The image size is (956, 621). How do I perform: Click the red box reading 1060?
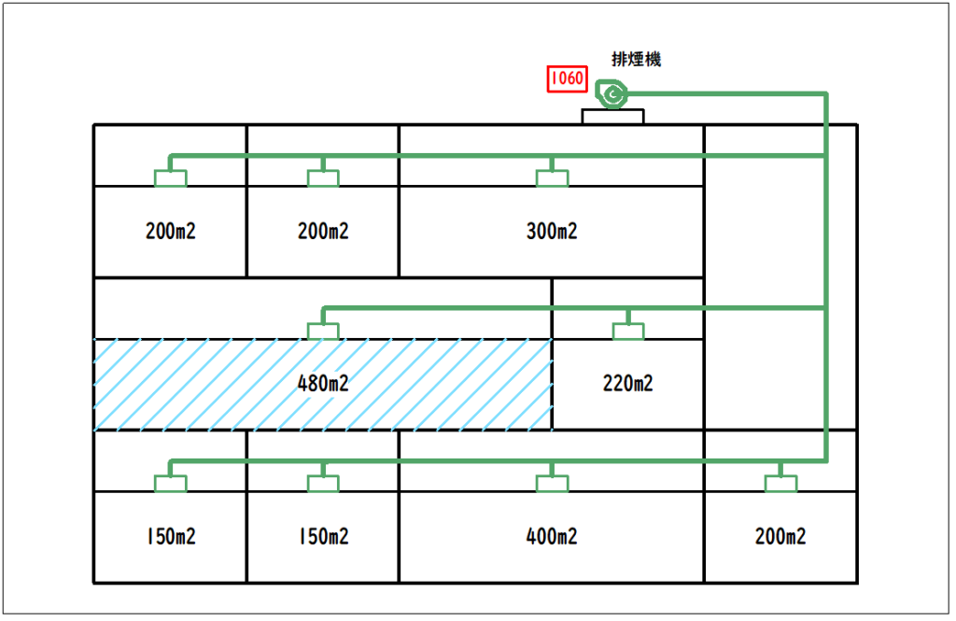(x=567, y=78)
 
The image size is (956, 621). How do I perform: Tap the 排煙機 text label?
(x=636, y=59)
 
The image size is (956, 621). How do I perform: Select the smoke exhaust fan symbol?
(x=612, y=93)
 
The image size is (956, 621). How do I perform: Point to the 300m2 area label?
(x=551, y=232)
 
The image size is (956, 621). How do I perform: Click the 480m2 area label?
(x=322, y=384)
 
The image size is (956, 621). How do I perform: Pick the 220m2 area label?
(x=627, y=384)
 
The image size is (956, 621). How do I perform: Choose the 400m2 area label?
(x=551, y=537)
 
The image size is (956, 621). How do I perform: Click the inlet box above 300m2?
(x=552, y=177)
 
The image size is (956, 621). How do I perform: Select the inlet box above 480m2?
(x=323, y=331)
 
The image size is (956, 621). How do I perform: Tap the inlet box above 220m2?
(x=628, y=331)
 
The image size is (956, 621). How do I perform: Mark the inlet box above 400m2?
(x=552, y=483)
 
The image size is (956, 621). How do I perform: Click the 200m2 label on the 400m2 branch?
(x=780, y=537)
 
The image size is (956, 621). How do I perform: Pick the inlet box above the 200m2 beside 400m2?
(x=780, y=483)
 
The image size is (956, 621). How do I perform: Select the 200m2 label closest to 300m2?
(x=322, y=232)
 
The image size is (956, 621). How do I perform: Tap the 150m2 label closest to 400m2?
(x=322, y=537)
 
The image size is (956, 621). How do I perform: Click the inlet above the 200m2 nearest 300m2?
(x=323, y=177)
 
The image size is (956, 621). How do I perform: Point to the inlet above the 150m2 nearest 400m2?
(x=323, y=483)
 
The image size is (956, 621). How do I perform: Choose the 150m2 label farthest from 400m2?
(x=170, y=537)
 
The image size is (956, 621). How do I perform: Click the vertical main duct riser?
(x=826, y=280)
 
